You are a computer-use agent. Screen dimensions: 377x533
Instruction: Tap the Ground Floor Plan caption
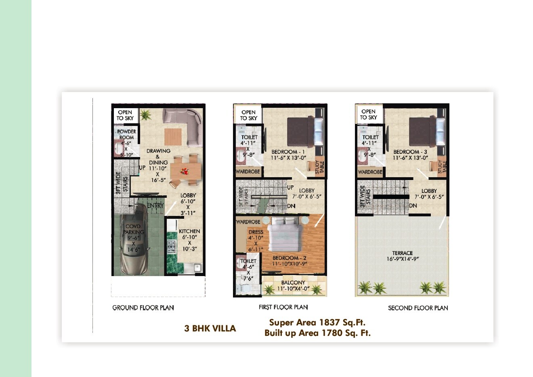pos(143,308)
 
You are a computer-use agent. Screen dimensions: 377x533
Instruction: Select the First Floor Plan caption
pos(283,307)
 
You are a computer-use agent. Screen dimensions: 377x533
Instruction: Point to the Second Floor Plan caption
pos(418,308)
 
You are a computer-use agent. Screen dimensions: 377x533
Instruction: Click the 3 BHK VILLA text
pos(210,329)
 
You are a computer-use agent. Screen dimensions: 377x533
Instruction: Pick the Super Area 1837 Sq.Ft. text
pos(317,323)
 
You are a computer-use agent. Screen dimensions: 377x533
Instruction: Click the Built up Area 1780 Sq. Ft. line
pos(317,333)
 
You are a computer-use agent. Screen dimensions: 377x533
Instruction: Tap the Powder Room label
pos(126,134)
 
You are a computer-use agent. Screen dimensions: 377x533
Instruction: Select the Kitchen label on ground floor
pos(189,231)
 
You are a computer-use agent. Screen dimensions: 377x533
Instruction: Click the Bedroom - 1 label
pos(288,152)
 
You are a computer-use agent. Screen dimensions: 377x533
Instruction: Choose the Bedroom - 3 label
pos(410,152)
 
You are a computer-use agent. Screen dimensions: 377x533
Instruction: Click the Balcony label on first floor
pos(293,283)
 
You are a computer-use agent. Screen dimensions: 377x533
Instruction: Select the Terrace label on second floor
pos(403,253)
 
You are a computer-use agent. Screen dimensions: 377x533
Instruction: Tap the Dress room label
pos(256,232)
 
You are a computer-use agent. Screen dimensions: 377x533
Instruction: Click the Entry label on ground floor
pos(155,205)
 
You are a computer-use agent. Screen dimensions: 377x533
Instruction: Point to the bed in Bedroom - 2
pos(285,236)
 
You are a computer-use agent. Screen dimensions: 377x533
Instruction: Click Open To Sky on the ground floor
pos(125,115)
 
